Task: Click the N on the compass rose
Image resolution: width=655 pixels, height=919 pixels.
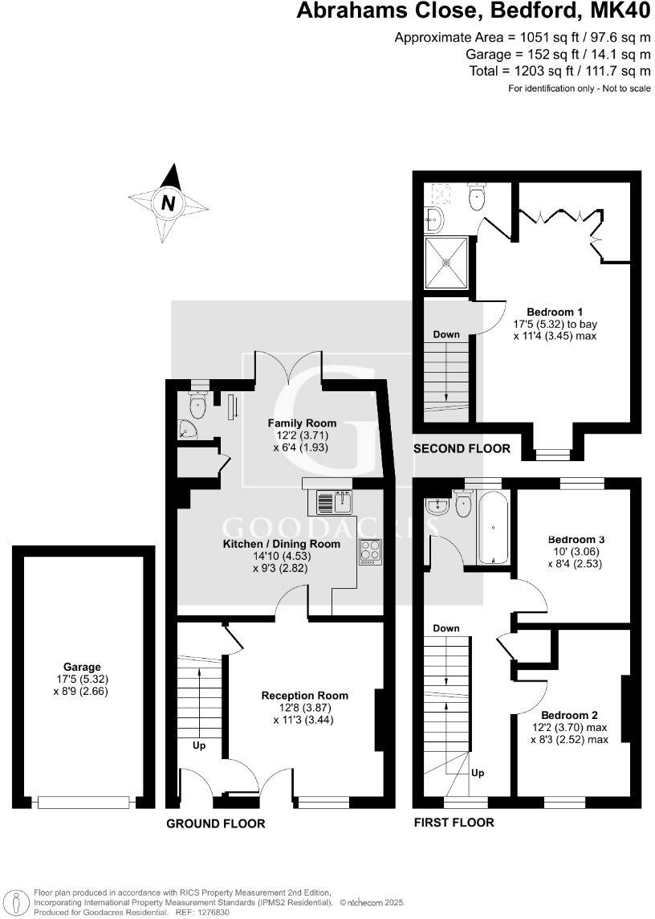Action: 168,203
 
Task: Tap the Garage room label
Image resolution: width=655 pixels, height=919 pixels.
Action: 82,667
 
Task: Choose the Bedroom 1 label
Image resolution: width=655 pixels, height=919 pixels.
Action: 555,312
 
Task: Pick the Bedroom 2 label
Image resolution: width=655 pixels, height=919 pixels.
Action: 569,715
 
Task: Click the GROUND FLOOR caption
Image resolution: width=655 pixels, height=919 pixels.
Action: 215,823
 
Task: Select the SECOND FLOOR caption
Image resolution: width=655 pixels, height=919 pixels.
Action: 462,449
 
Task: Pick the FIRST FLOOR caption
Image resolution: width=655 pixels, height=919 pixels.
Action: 454,822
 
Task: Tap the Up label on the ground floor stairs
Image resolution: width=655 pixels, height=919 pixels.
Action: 199,745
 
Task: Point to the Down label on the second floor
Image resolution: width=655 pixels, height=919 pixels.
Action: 445,334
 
